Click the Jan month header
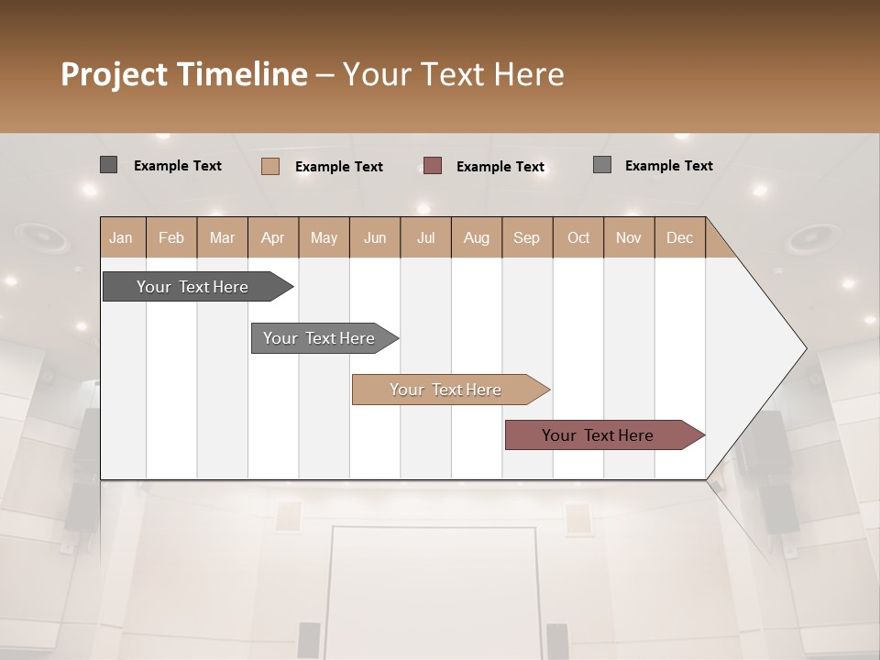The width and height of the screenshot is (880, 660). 121,237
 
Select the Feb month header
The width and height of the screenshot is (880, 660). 171,237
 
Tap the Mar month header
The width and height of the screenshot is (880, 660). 222,237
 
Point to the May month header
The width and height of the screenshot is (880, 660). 324,237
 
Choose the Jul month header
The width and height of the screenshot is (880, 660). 425,237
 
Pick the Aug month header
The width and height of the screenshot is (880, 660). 477,237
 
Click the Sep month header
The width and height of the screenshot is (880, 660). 526,237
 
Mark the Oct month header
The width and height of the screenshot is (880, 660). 578,237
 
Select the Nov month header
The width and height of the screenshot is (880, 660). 629,237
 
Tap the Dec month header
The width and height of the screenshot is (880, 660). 679,237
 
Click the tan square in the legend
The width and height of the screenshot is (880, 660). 270,166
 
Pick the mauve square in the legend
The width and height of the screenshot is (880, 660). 433,166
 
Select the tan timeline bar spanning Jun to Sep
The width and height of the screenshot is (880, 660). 446,390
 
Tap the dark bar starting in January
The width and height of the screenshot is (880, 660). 193,287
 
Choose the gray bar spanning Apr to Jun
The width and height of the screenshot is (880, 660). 320,338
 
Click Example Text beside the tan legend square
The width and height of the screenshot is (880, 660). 339,167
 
